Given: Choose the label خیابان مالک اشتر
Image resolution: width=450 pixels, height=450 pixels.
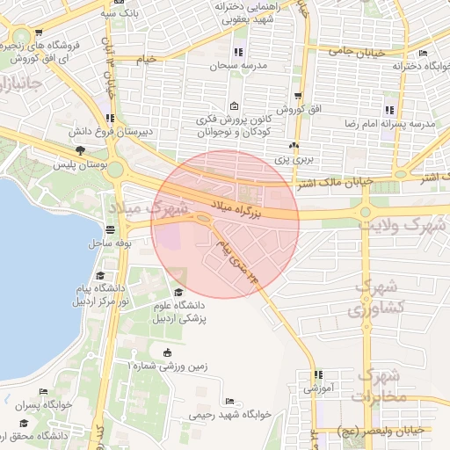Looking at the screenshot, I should click(x=332, y=182).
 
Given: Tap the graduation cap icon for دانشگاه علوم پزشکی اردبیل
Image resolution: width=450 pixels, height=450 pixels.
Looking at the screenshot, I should click(x=180, y=292).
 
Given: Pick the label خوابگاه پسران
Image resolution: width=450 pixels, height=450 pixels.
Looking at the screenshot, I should click(x=40, y=405).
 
